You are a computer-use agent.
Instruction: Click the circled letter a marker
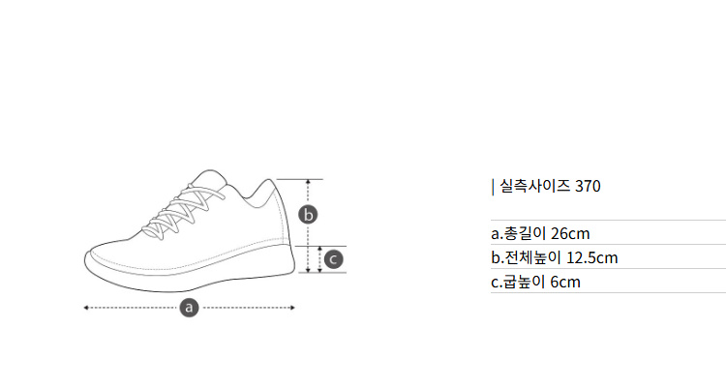tap(189, 308)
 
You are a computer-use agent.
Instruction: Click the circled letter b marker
tap(308, 215)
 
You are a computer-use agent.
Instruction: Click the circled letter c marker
tap(333, 259)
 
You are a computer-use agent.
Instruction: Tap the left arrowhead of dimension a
tap(85, 308)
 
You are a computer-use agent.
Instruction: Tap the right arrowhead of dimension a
tap(292, 308)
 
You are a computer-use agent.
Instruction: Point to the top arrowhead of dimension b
tap(308, 182)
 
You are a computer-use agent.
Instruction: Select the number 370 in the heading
tap(588, 186)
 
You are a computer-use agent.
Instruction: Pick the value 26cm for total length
tap(570, 233)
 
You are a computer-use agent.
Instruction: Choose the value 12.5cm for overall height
tap(592, 258)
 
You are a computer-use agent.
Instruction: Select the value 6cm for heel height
tap(565, 282)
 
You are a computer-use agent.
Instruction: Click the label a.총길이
tap(519, 233)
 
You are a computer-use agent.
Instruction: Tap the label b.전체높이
tap(527, 258)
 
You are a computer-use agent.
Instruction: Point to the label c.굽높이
tap(518, 282)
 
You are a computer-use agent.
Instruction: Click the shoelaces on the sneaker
tap(183, 212)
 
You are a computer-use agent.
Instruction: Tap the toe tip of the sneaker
tap(85, 259)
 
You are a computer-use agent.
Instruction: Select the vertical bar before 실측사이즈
tap(493, 187)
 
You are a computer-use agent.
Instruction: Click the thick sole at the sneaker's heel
tap(278, 262)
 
